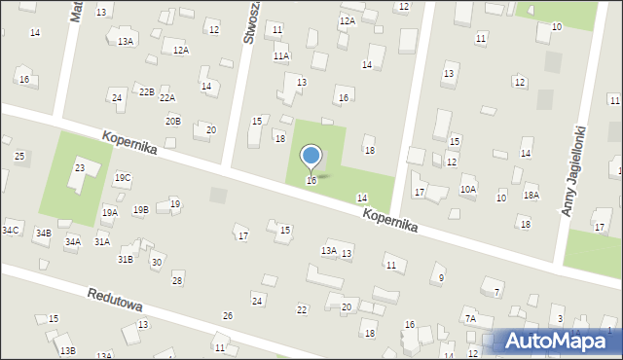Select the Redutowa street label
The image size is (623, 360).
115,303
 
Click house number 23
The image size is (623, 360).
80,168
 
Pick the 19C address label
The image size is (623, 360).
123,178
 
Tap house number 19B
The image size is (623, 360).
141,209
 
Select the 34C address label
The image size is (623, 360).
10,230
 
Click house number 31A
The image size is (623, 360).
101,241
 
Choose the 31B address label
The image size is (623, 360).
126,260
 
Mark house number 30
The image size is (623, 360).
156,263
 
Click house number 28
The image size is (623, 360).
177,280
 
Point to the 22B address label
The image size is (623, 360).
146,91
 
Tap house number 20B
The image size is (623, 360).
172,121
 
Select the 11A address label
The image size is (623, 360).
281,57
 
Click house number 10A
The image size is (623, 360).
468,189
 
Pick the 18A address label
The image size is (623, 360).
531,196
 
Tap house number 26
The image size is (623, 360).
228,315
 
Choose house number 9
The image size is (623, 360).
441,278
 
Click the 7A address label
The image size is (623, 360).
470,319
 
